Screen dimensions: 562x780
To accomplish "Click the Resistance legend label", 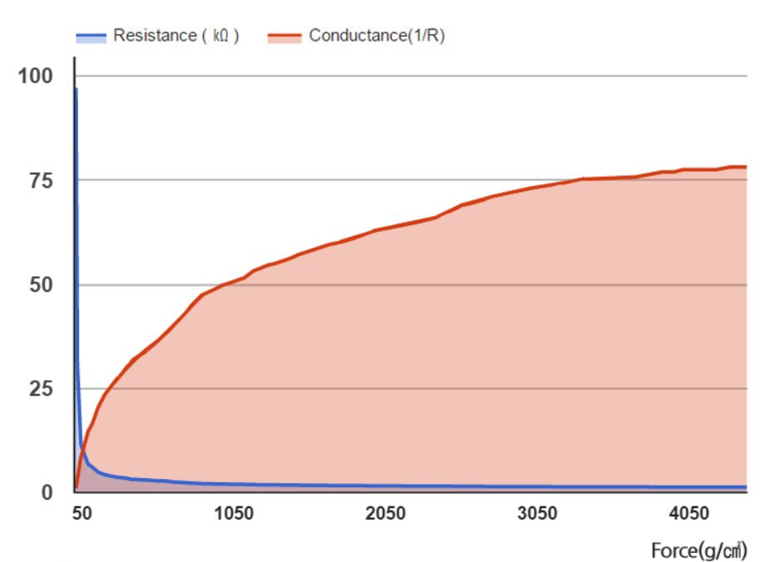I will click(x=175, y=36).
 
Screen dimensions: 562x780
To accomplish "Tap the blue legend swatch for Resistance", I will click(x=91, y=37).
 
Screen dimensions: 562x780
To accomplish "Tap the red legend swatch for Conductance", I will click(x=284, y=37).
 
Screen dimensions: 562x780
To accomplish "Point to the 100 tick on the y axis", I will click(x=36, y=76).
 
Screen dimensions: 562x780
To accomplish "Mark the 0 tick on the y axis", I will click(x=47, y=492).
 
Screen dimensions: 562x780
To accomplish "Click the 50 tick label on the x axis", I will click(x=81, y=514).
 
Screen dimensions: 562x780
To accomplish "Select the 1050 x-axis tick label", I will click(x=234, y=514).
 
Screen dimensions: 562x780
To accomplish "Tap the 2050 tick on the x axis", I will click(x=385, y=514).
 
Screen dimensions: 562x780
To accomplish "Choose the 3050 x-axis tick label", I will click(x=537, y=514).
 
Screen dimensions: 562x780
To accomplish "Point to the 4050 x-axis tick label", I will click(x=689, y=514).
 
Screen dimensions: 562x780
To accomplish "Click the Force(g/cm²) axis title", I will click(x=699, y=550).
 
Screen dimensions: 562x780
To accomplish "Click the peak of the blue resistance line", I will click(x=76, y=88).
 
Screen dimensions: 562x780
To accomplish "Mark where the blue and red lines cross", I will click(x=81, y=450).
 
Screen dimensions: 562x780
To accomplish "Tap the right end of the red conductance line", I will click(x=746, y=166).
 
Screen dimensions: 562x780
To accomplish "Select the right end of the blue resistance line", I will click(x=746, y=487).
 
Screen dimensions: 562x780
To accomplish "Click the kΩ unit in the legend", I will click(x=220, y=36).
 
